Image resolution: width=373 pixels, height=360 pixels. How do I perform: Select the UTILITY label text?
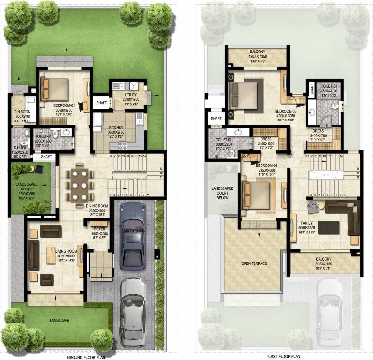point(131,95)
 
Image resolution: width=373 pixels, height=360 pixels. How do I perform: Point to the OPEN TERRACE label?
point(254,263)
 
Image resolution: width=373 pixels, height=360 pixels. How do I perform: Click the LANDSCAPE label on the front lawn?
point(58,320)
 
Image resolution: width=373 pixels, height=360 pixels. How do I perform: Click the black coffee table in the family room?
point(332,227)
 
